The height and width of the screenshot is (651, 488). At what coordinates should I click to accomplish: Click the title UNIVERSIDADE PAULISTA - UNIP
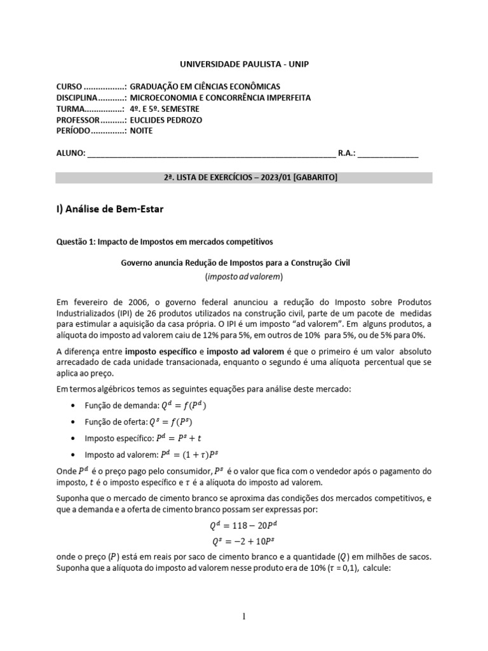coord(244,64)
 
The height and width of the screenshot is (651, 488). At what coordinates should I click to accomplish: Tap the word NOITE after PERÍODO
coord(141,131)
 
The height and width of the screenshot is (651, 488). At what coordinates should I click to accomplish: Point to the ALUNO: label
coord(69,153)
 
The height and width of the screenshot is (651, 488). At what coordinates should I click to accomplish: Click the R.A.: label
coord(347,153)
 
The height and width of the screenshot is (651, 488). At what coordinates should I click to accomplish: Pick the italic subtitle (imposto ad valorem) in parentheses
coord(243,277)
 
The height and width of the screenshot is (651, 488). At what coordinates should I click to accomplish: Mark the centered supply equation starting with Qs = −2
coord(244,542)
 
